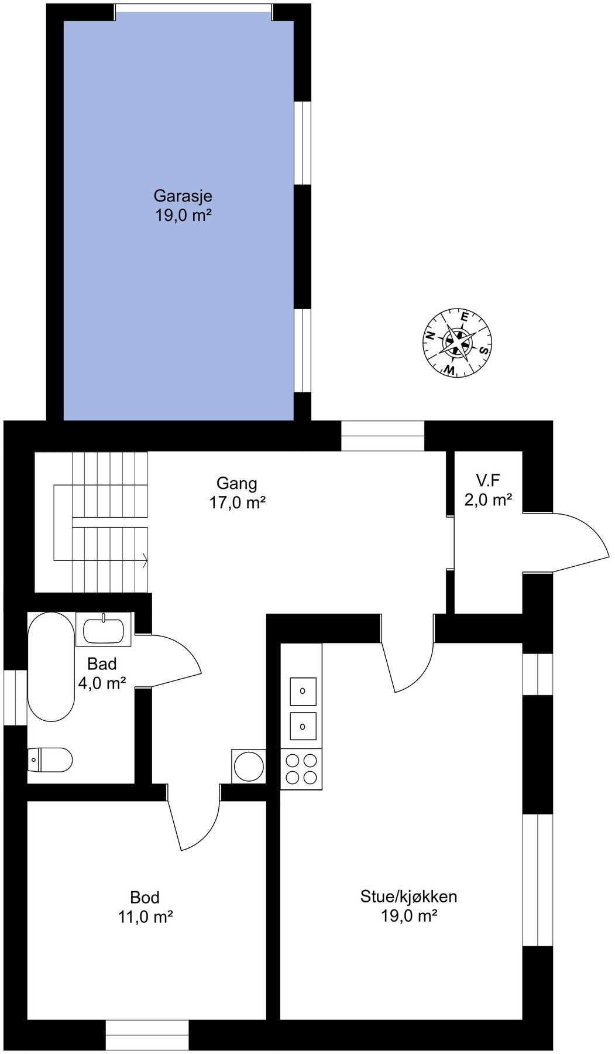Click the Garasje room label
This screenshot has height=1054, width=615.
183,196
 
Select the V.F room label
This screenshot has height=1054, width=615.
488,481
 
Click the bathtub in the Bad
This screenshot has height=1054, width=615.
51,666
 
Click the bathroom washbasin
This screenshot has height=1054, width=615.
104,630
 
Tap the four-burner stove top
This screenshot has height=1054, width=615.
301,769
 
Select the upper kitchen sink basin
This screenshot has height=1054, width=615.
303,691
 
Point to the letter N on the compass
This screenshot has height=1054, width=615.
430,336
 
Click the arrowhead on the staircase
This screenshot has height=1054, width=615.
145,560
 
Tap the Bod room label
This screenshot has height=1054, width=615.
145,897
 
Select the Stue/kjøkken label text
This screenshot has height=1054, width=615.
408,896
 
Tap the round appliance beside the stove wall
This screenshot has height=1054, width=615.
249,766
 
